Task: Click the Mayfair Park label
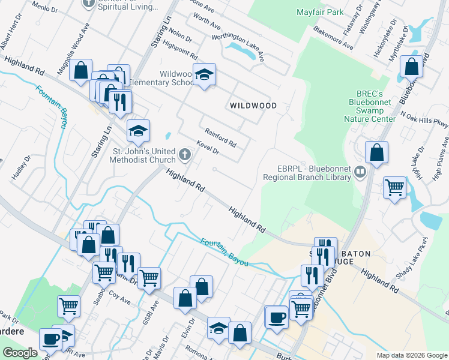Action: pos(320,12)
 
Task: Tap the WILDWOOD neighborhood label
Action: pos(253,106)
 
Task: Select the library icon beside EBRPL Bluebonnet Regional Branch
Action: pos(360,173)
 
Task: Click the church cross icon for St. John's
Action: pos(185,155)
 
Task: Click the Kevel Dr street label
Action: pos(208,148)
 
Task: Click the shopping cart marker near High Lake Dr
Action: pos(395,188)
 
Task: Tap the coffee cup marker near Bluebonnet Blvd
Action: pos(277,316)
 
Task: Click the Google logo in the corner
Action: pos(20,353)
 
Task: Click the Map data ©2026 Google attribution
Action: pos(412,355)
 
